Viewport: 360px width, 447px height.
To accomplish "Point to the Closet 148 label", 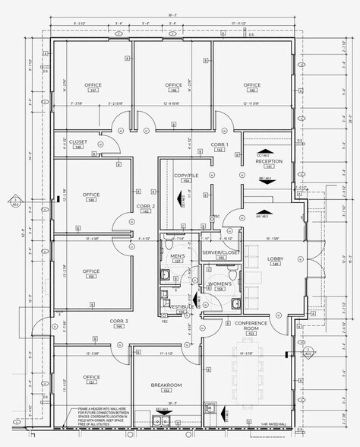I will coord(78,143).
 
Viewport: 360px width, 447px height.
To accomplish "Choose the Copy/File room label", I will coord(185,177).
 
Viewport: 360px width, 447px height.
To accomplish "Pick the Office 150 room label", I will coord(92,273).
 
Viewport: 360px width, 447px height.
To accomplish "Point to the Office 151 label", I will coord(92,379).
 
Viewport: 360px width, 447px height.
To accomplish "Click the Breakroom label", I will coord(165,386).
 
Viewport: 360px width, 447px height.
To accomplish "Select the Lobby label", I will coord(275,261).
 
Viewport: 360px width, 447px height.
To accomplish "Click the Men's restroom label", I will coord(177,257).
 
